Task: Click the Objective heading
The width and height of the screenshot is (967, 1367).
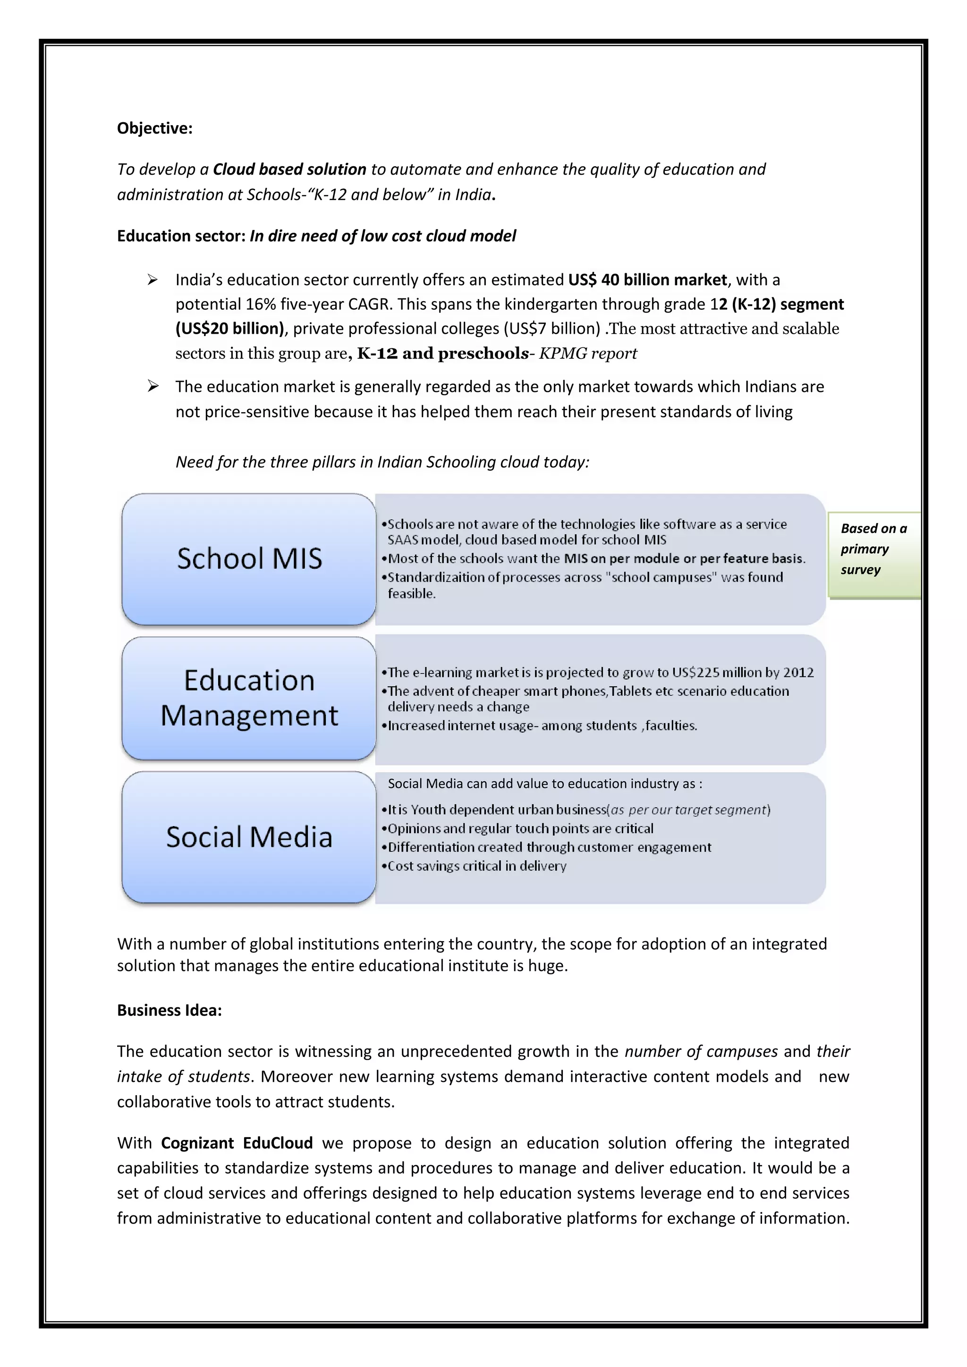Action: (x=154, y=128)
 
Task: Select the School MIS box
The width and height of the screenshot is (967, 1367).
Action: (x=249, y=559)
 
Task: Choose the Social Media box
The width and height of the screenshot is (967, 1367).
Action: (x=249, y=836)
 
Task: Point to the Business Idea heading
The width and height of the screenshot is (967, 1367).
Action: (x=169, y=1010)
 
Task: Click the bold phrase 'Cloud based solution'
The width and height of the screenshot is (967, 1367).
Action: (x=289, y=169)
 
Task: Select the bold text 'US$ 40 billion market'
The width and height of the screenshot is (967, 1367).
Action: (x=647, y=279)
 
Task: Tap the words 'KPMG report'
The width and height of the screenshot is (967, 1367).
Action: (x=588, y=353)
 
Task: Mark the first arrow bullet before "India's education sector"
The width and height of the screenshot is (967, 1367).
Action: (x=153, y=279)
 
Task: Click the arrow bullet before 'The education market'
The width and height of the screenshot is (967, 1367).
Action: (x=153, y=387)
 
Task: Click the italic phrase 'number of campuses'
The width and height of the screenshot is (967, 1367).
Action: (x=701, y=1051)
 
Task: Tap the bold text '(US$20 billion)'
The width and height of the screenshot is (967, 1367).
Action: (x=230, y=328)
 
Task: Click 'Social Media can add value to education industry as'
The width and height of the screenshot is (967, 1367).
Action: (x=544, y=784)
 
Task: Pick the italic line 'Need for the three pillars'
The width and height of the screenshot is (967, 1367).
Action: (x=382, y=462)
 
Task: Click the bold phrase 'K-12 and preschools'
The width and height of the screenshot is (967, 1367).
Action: (x=442, y=353)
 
